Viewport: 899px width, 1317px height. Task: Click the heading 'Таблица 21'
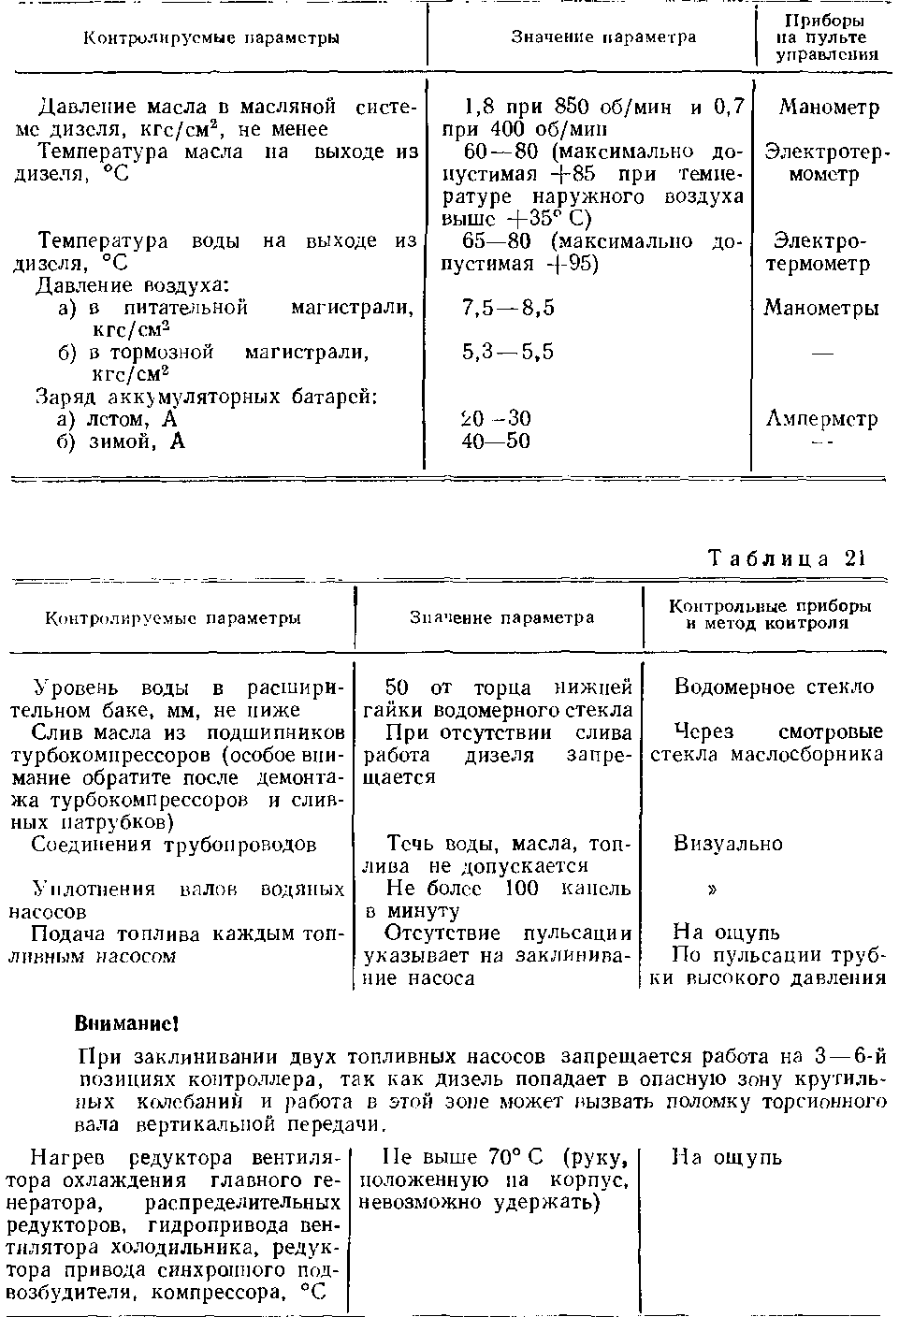pyautogui.click(x=787, y=558)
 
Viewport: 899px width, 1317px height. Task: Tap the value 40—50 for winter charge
pyautogui.click(x=496, y=441)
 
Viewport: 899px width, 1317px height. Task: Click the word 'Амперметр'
pyautogui.click(x=821, y=419)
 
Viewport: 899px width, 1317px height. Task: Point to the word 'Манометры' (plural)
pyautogui.click(x=821, y=308)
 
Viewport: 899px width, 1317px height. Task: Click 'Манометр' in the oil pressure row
pyautogui.click(x=829, y=108)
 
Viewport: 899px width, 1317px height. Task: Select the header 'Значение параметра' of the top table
pyautogui.click(x=603, y=37)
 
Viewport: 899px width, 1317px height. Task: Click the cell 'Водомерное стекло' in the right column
pyautogui.click(x=774, y=687)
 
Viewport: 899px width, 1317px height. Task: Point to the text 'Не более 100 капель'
pyautogui.click(x=509, y=888)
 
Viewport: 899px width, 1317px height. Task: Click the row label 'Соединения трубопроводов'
pyautogui.click(x=174, y=844)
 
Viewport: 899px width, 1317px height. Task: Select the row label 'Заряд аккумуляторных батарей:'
pyautogui.click(x=206, y=397)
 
